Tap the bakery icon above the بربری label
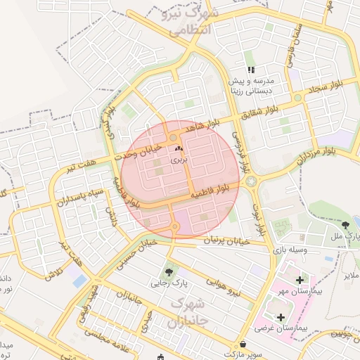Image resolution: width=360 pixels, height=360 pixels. tap(177, 149)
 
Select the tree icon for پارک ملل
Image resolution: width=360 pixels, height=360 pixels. tap(345, 226)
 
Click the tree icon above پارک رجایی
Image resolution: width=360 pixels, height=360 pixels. tap(169, 271)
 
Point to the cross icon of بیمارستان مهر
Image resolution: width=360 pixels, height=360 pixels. tap(300, 280)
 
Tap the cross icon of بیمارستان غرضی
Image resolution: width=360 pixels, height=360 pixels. tap(281, 317)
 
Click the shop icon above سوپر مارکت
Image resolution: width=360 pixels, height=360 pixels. tap(243, 344)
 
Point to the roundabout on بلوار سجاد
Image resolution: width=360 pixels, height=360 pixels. tap(298, 97)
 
